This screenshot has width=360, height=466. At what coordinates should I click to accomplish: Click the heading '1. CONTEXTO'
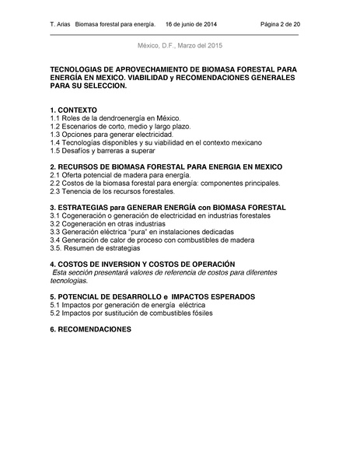73,110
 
